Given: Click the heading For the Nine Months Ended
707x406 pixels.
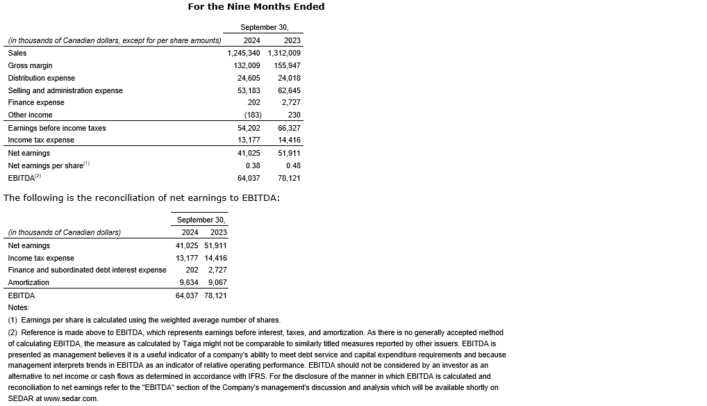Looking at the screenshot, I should coord(256,7).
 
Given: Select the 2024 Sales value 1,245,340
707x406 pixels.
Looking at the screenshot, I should coord(244,53).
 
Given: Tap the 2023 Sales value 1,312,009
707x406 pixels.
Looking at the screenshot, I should coord(284,53).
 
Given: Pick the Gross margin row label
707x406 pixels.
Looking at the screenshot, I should coord(30,65).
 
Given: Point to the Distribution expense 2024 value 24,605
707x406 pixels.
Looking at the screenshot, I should coord(249,78).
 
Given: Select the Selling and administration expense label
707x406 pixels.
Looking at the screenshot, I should coord(65,90).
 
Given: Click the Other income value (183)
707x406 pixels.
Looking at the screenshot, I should coord(252,115).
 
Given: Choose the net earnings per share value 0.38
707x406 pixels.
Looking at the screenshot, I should coord(253,165).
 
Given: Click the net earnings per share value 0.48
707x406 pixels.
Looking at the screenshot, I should coord(293,165).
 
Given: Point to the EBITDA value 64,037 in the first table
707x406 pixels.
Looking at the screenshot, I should coord(249,178).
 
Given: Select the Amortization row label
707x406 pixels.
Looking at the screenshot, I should coord(28,282).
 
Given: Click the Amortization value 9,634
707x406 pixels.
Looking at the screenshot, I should coord(189,282).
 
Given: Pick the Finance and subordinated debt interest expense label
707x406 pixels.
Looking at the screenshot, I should coord(87,270).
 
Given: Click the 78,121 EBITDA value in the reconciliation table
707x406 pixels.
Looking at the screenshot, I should coord(215,295).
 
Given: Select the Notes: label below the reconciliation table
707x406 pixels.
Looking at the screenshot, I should coord(19,307).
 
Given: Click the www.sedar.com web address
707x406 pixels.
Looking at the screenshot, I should coord(71,399).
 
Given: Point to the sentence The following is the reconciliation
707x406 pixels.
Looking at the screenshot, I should coord(142,198).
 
